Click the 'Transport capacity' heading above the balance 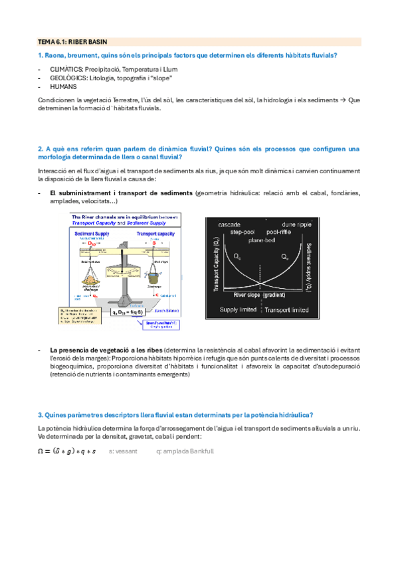(x=157, y=234)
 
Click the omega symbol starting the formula (x=43, y=451)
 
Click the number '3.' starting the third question (x=41, y=414)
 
